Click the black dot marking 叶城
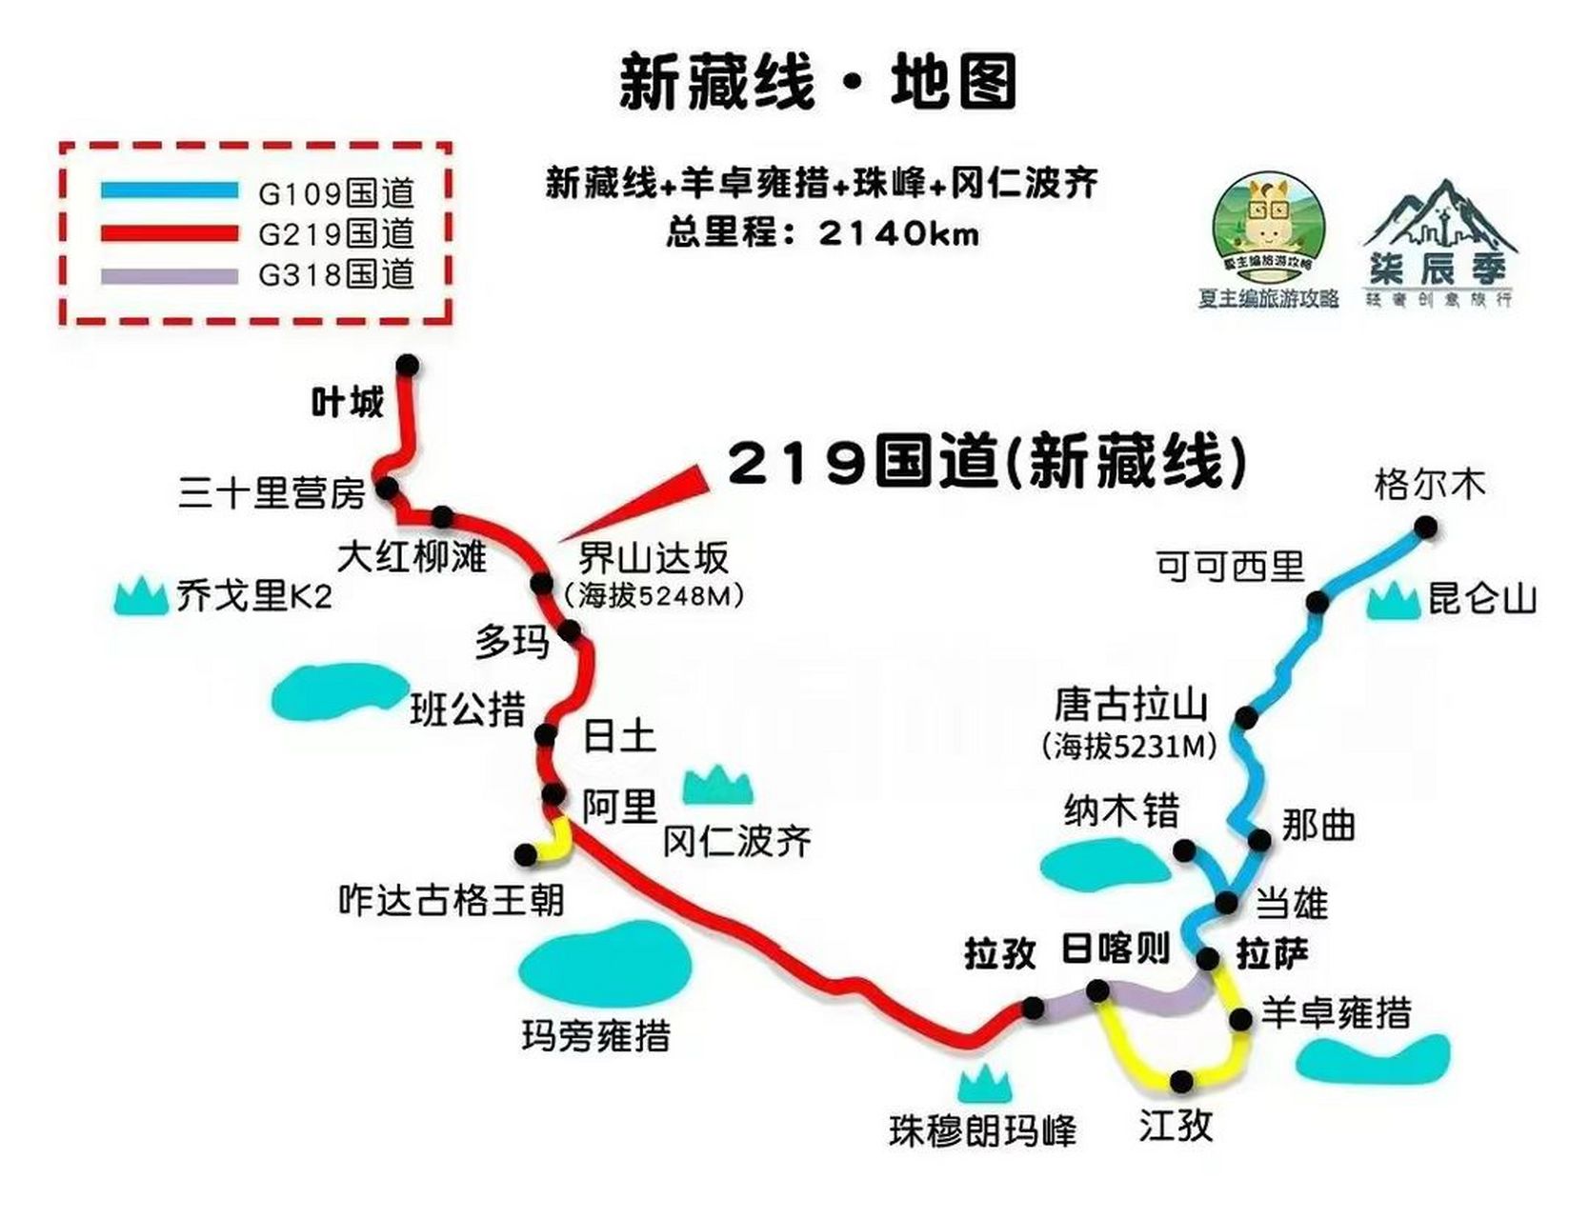[x=408, y=365]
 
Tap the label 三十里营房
[x=272, y=493]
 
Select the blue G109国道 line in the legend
[x=170, y=191]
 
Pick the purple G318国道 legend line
[x=170, y=276]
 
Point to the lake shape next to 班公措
[x=338, y=690]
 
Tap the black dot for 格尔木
[x=1425, y=527]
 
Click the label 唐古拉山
[x=1131, y=706]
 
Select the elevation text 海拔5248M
[x=654, y=596]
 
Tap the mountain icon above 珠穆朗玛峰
[x=984, y=1085]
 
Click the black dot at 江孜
[x=1181, y=1081]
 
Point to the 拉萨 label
[x=1272, y=952]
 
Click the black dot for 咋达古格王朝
[x=525, y=854]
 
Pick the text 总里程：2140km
[x=822, y=233]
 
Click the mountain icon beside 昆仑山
[x=1394, y=602]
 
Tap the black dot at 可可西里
[x=1317, y=602]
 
